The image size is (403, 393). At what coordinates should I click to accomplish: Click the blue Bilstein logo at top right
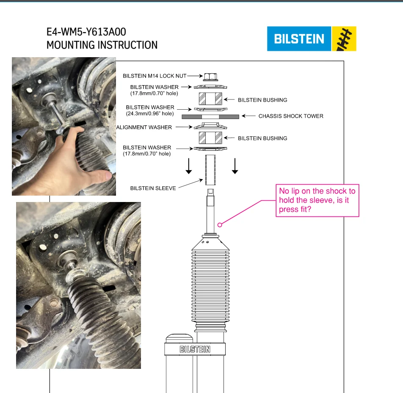(x=299, y=39)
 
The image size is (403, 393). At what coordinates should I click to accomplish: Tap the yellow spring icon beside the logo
(x=344, y=39)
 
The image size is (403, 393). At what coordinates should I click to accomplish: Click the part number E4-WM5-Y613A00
(x=86, y=32)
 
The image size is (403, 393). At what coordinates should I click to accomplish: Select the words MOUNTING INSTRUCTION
(x=102, y=45)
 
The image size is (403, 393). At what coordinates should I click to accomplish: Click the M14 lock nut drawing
(x=210, y=77)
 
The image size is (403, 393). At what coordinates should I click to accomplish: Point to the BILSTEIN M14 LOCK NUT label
(x=155, y=76)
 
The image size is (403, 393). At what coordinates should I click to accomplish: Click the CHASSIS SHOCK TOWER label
(x=291, y=116)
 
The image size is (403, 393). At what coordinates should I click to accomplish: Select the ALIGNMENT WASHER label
(x=144, y=127)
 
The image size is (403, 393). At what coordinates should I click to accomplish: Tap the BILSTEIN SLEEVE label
(x=153, y=188)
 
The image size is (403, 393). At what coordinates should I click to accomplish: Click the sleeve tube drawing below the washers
(x=210, y=170)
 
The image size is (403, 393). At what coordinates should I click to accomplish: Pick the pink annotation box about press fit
(x=317, y=200)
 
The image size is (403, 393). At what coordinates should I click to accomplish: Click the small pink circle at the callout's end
(x=219, y=225)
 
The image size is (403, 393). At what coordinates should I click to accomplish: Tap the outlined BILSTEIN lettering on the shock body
(x=195, y=349)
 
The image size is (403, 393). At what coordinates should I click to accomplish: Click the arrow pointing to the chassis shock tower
(x=248, y=116)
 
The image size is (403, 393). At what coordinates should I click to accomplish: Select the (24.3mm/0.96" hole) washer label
(x=150, y=113)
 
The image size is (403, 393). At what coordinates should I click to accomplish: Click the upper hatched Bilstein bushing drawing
(x=210, y=99)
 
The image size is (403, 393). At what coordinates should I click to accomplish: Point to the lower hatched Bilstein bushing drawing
(x=210, y=138)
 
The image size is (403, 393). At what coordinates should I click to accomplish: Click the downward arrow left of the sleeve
(x=189, y=166)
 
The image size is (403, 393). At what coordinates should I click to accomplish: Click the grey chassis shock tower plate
(x=210, y=117)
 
